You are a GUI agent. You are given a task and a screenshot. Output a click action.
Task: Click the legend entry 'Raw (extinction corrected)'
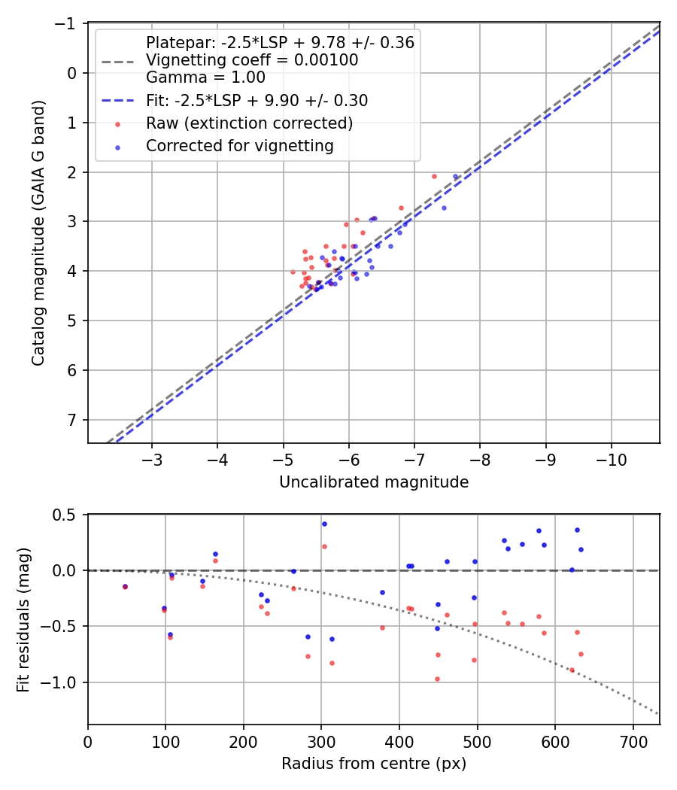[249, 123]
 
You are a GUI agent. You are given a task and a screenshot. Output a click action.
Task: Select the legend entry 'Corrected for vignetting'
[239, 146]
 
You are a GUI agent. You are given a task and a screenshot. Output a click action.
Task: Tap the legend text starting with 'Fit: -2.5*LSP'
[257, 100]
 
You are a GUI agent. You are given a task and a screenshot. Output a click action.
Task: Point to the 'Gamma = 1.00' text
[205, 77]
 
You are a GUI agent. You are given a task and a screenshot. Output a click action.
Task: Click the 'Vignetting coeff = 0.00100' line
[252, 60]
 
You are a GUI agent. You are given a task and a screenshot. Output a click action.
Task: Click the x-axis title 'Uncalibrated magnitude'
[374, 482]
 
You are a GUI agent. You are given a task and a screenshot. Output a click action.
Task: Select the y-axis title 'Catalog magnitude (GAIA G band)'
[38, 233]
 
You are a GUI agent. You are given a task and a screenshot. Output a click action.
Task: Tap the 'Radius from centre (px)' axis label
[374, 764]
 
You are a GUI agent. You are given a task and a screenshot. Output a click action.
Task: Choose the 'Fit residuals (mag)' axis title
[23, 620]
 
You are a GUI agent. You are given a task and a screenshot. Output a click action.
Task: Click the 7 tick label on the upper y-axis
[73, 420]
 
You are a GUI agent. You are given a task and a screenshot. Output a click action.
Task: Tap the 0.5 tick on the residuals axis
[70, 515]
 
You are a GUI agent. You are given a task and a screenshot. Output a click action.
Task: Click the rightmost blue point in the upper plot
[455, 177]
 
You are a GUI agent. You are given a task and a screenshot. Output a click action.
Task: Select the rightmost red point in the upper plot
[434, 176]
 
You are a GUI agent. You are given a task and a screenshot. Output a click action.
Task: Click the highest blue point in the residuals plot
[324, 524]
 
